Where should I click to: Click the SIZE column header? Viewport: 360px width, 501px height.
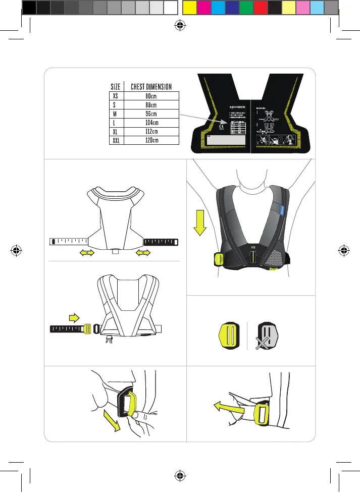pyautogui.click(x=115, y=86)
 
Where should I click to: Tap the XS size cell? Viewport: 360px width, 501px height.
pyautogui.click(x=115, y=96)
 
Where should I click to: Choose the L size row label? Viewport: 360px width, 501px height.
pyautogui.click(x=115, y=123)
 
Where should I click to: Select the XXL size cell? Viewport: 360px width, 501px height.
pyautogui.click(x=115, y=140)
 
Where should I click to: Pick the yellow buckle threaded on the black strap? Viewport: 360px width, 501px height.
pyautogui.click(x=87, y=328)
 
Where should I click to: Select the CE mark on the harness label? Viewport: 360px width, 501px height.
pyautogui.click(x=228, y=122)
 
